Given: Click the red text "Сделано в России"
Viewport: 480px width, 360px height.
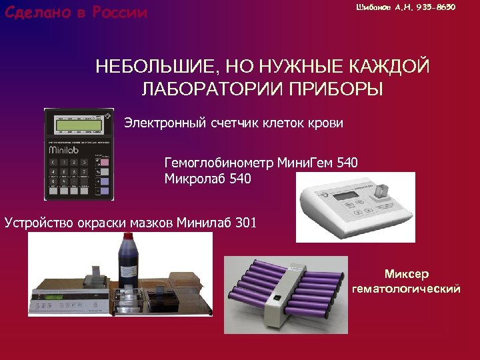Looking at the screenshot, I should point(75,13).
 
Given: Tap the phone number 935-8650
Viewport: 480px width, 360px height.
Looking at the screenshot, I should point(437,7).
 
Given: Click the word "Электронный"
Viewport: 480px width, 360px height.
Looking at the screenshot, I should point(161,123).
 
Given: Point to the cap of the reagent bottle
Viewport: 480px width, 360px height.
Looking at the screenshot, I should point(125,239).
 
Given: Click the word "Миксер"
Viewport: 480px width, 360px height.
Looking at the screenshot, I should point(407,274).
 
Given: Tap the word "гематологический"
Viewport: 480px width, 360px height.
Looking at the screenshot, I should point(406,289).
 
